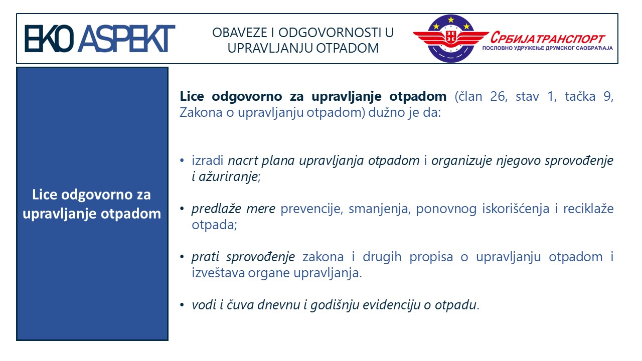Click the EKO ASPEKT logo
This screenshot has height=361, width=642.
100,39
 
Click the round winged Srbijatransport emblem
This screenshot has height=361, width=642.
451,39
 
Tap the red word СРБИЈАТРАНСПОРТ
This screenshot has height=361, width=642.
548,38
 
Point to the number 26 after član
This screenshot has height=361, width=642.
498,97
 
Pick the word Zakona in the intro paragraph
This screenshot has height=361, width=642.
201,113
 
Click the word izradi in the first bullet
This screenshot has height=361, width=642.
208,160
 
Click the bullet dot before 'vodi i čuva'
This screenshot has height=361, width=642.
182,305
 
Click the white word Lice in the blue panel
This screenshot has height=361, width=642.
45,195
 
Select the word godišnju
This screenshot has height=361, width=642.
335,305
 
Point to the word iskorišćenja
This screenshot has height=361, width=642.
516,209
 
